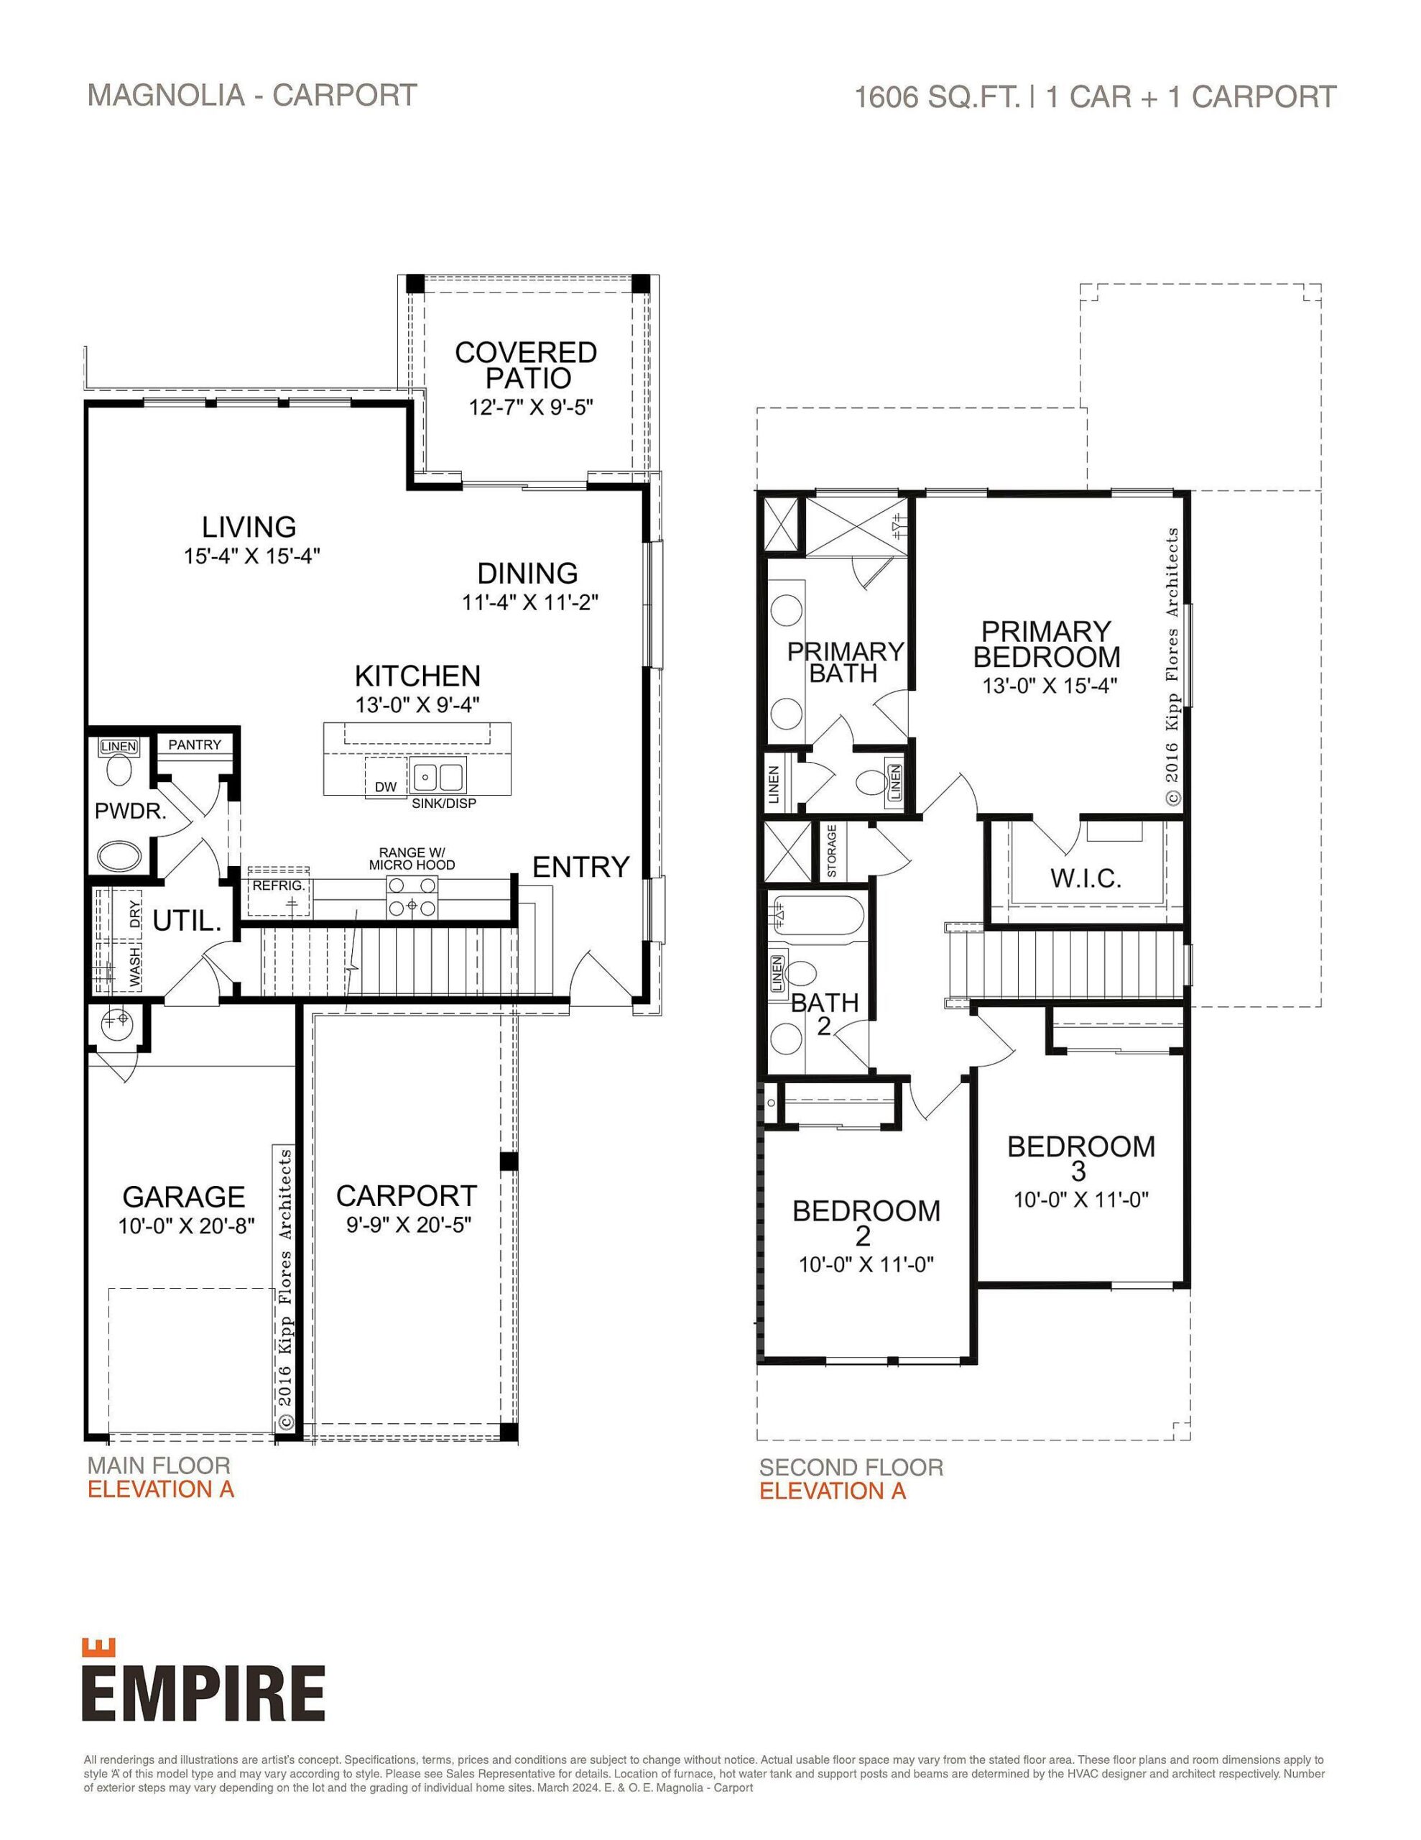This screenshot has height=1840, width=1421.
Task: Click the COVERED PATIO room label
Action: click(x=526, y=365)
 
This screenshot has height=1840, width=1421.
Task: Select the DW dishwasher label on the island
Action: click(x=386, y=787)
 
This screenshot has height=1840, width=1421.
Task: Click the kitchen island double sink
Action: click(x=438, y=773)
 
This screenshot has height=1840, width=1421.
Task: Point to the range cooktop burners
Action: click(x=412, y=896)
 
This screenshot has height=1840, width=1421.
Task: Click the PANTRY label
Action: click(x=195, y=745)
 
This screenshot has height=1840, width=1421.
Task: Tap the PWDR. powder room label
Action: click(x=130, y=811)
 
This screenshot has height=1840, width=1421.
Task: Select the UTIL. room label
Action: click(x=187, y=921)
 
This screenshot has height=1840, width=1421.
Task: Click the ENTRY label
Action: click(x=580, y=867)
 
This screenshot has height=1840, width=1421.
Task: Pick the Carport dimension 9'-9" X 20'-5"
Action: click(x=407, y=1225)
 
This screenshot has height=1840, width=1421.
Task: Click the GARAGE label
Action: click(x=184, y=1196)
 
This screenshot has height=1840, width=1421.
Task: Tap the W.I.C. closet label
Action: click(x=1085, y=879)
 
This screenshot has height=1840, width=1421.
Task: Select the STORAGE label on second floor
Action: click(x=831, y=851)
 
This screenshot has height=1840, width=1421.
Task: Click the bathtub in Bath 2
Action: click(x=816, y=920)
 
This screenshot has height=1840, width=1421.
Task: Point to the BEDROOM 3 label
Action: click(x=1080, y=1158)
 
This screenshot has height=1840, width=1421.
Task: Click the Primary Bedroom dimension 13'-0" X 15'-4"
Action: click(x=1049, y=686)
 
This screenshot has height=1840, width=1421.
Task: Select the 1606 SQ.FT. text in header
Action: click(x=936, y=98)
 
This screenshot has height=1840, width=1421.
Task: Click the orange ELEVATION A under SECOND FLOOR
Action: click(x=832, y=1491)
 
